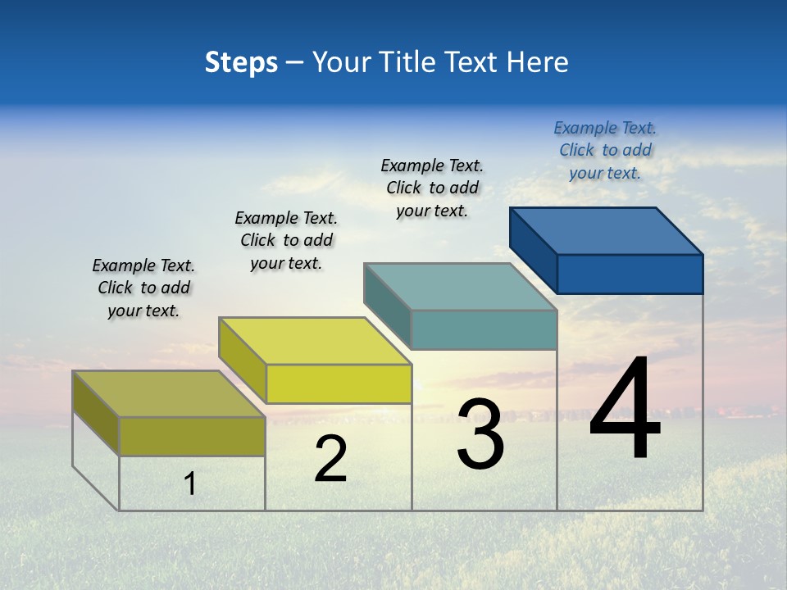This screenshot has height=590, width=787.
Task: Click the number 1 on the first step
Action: (190, 483)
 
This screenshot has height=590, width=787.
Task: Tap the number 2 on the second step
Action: (330, 460)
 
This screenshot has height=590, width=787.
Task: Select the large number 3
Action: (480, 434)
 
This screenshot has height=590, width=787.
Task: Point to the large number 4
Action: (625, 410)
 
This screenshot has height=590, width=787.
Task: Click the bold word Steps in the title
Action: (241, 62)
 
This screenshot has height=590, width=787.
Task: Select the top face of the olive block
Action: (168, 394)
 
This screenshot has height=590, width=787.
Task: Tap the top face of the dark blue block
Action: (606, 231)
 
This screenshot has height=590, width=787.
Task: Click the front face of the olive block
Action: (192, 436)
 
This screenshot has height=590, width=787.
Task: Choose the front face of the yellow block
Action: (339, 383)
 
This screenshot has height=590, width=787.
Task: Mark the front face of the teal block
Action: (484, 329)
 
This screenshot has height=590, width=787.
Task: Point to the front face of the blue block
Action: (630, 274)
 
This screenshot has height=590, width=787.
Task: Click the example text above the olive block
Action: (143, 288)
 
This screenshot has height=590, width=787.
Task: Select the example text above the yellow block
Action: (286, 240)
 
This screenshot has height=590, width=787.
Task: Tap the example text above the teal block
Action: (432, 188)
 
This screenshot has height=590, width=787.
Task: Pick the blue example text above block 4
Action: (605, 150)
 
